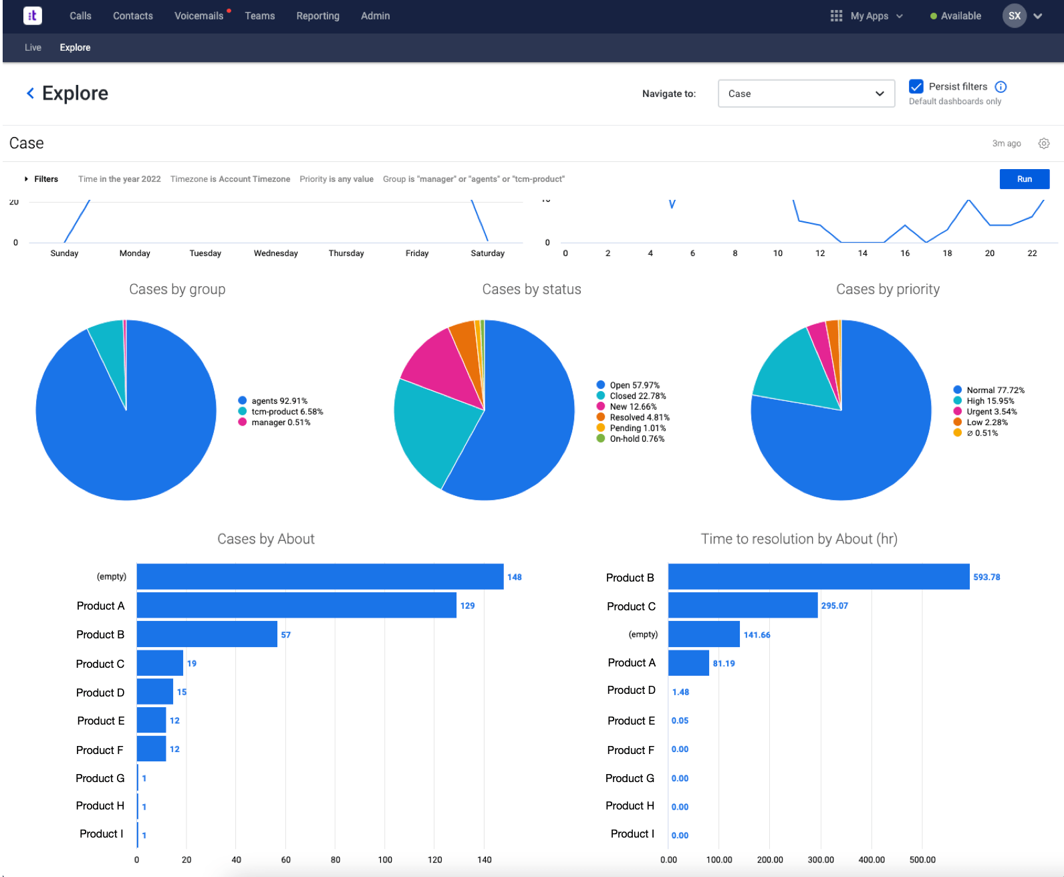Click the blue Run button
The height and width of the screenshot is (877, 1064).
tap(1024, 179)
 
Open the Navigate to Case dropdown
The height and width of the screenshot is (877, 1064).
tap(805, 94)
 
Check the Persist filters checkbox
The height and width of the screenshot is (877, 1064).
tap(916, 86)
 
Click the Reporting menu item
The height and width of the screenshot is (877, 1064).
tap(317, 16)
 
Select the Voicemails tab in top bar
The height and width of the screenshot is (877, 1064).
tap(198, 16)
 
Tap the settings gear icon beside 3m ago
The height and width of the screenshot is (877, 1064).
tap(1044, 144)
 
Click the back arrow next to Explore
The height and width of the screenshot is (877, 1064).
tap(30, 94)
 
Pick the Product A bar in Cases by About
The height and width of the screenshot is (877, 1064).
tap(296, 606)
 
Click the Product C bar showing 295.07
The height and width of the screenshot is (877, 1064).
tap(743, 606)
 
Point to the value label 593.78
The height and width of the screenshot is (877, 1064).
tap(986, 577)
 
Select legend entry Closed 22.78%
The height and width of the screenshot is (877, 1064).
tap(637, 396)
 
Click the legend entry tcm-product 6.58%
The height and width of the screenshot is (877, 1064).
tap(287, 412)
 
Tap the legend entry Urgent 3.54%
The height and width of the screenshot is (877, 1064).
tap(991, 412)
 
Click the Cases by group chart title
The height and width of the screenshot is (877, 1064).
tap(177, 289)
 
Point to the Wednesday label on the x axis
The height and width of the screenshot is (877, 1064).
tap(275, 253)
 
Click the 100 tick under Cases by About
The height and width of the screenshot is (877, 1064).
tap(385, 860)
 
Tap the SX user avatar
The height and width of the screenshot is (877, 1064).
tap(1014, 16)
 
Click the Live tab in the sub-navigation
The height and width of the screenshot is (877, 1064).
tap(33, 47)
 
